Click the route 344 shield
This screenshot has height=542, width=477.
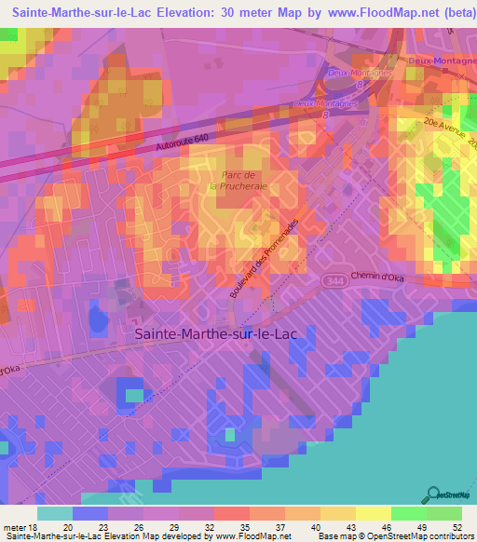(333, 278)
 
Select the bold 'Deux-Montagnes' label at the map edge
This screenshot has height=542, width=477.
(443, 61)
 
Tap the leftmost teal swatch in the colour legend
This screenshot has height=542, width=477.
(55, 513)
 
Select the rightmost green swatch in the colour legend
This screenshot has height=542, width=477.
(444, 513)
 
